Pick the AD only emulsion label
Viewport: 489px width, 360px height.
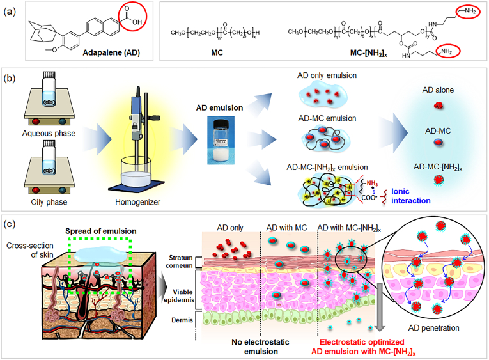coord(326,76)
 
